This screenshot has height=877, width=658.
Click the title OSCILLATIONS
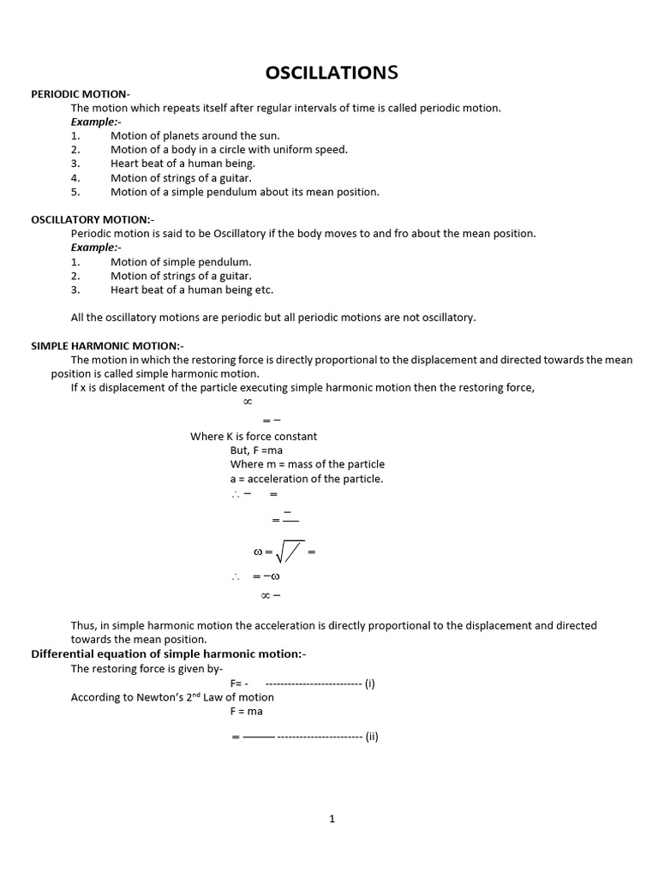point(332,73)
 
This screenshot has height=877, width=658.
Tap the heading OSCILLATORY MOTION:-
point(93,220)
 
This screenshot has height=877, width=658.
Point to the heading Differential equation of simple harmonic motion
point(168,654)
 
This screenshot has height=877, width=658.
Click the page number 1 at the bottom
point(332,819)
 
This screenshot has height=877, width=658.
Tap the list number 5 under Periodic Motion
point(75,193)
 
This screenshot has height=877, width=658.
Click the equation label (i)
point(369,683)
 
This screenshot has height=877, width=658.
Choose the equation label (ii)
point(371,737)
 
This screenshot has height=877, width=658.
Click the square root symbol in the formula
point(288,552)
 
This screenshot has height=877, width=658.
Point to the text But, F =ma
point(256,450)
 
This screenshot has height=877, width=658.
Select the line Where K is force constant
point(254,437)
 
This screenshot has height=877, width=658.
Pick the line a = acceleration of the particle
point(307,479)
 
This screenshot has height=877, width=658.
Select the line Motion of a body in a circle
point(229,150)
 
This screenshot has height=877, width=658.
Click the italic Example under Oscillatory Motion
point(95,248)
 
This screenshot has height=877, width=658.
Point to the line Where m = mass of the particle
point(308,464)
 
